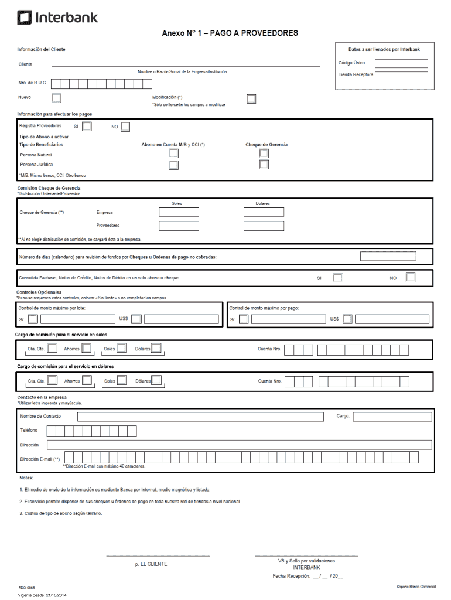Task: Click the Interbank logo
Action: (57, 18)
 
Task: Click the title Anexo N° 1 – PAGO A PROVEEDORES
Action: (230, 33)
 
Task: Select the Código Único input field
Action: (401, 63)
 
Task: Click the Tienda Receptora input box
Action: (401, 76)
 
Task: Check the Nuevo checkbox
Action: (57, 98)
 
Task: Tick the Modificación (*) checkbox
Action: (251, 98)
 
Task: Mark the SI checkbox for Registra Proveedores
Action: (87, 127)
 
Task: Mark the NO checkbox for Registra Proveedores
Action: (125, 127)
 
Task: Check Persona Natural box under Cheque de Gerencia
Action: (264, 154)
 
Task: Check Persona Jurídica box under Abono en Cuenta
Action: (173, 165)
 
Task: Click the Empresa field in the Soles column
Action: (179, 212)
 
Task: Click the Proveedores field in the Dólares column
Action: (264, 226)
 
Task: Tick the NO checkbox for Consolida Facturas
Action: (411, 278)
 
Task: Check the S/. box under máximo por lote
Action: (33, 319)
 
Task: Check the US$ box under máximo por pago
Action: (348, 319)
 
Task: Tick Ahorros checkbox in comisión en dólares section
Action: (87, 380)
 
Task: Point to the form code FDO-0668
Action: (26, 587)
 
